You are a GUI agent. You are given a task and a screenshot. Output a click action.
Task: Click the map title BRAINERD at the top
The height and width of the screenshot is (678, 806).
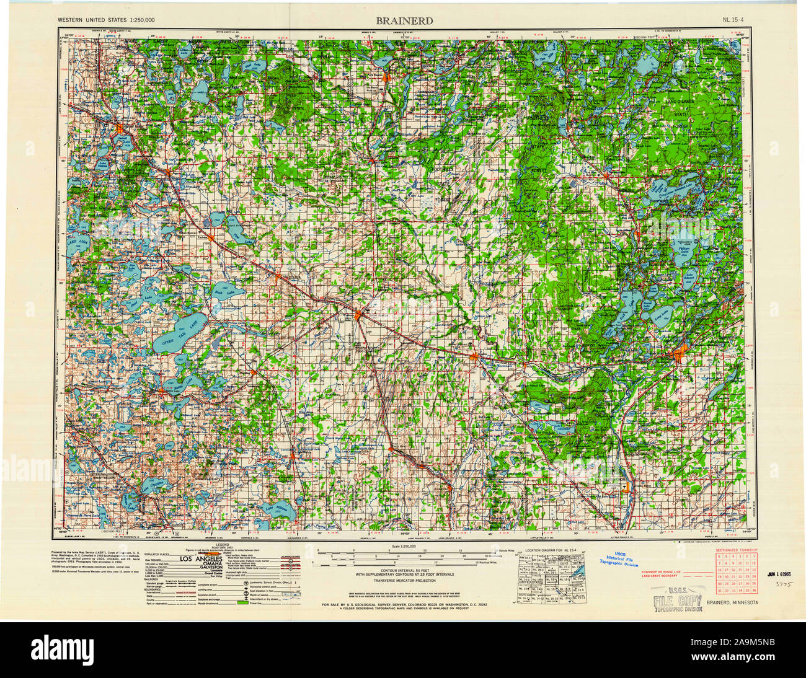point(404,20)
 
